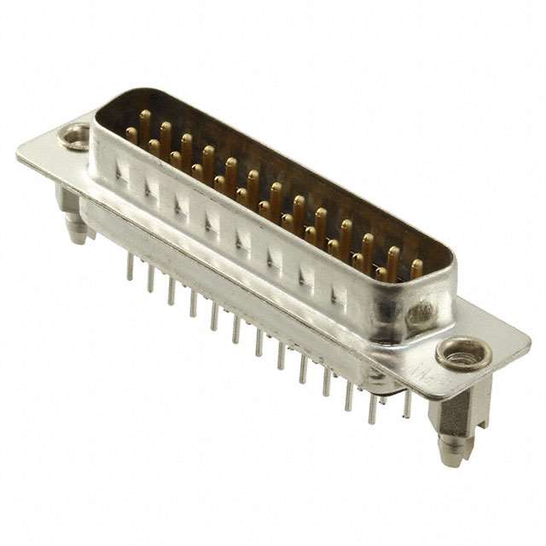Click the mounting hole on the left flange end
pyautogui.click(x=75, y=135)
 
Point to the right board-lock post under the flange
pyautogui.click(x=451, y=427)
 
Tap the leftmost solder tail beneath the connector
pyautogui.click(x=130, y=267)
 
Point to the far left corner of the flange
pyautogui.click(x=19, y=154)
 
